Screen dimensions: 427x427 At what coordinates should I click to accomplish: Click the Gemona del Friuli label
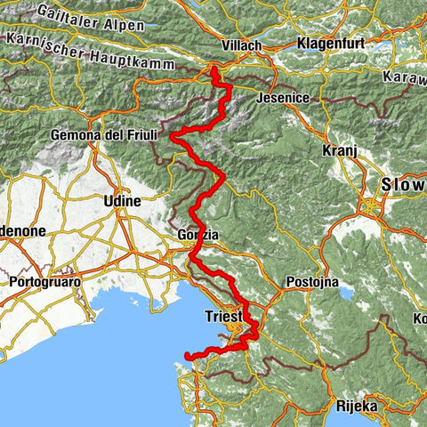click(105, 134)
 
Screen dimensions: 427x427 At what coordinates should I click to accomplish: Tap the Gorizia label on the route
click(196, 235)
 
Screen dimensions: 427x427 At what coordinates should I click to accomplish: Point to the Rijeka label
click(357, 406)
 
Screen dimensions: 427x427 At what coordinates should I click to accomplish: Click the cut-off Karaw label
click(407, 79)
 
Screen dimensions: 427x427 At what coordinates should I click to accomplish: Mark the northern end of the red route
click(214, 68)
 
